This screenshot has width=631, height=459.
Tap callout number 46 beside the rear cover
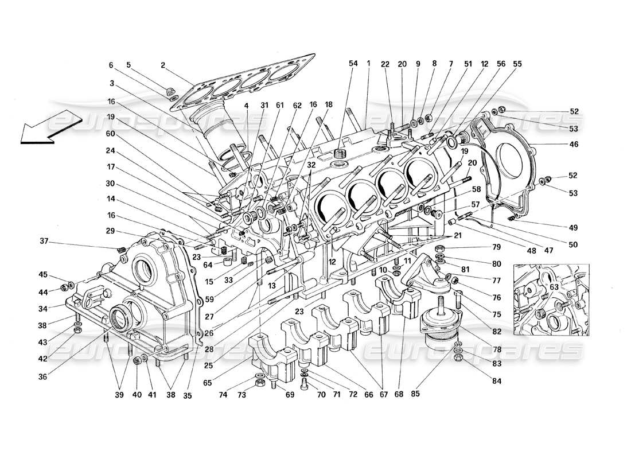click(x=574, y=145)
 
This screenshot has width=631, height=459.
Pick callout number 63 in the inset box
click(x=554, y=286)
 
